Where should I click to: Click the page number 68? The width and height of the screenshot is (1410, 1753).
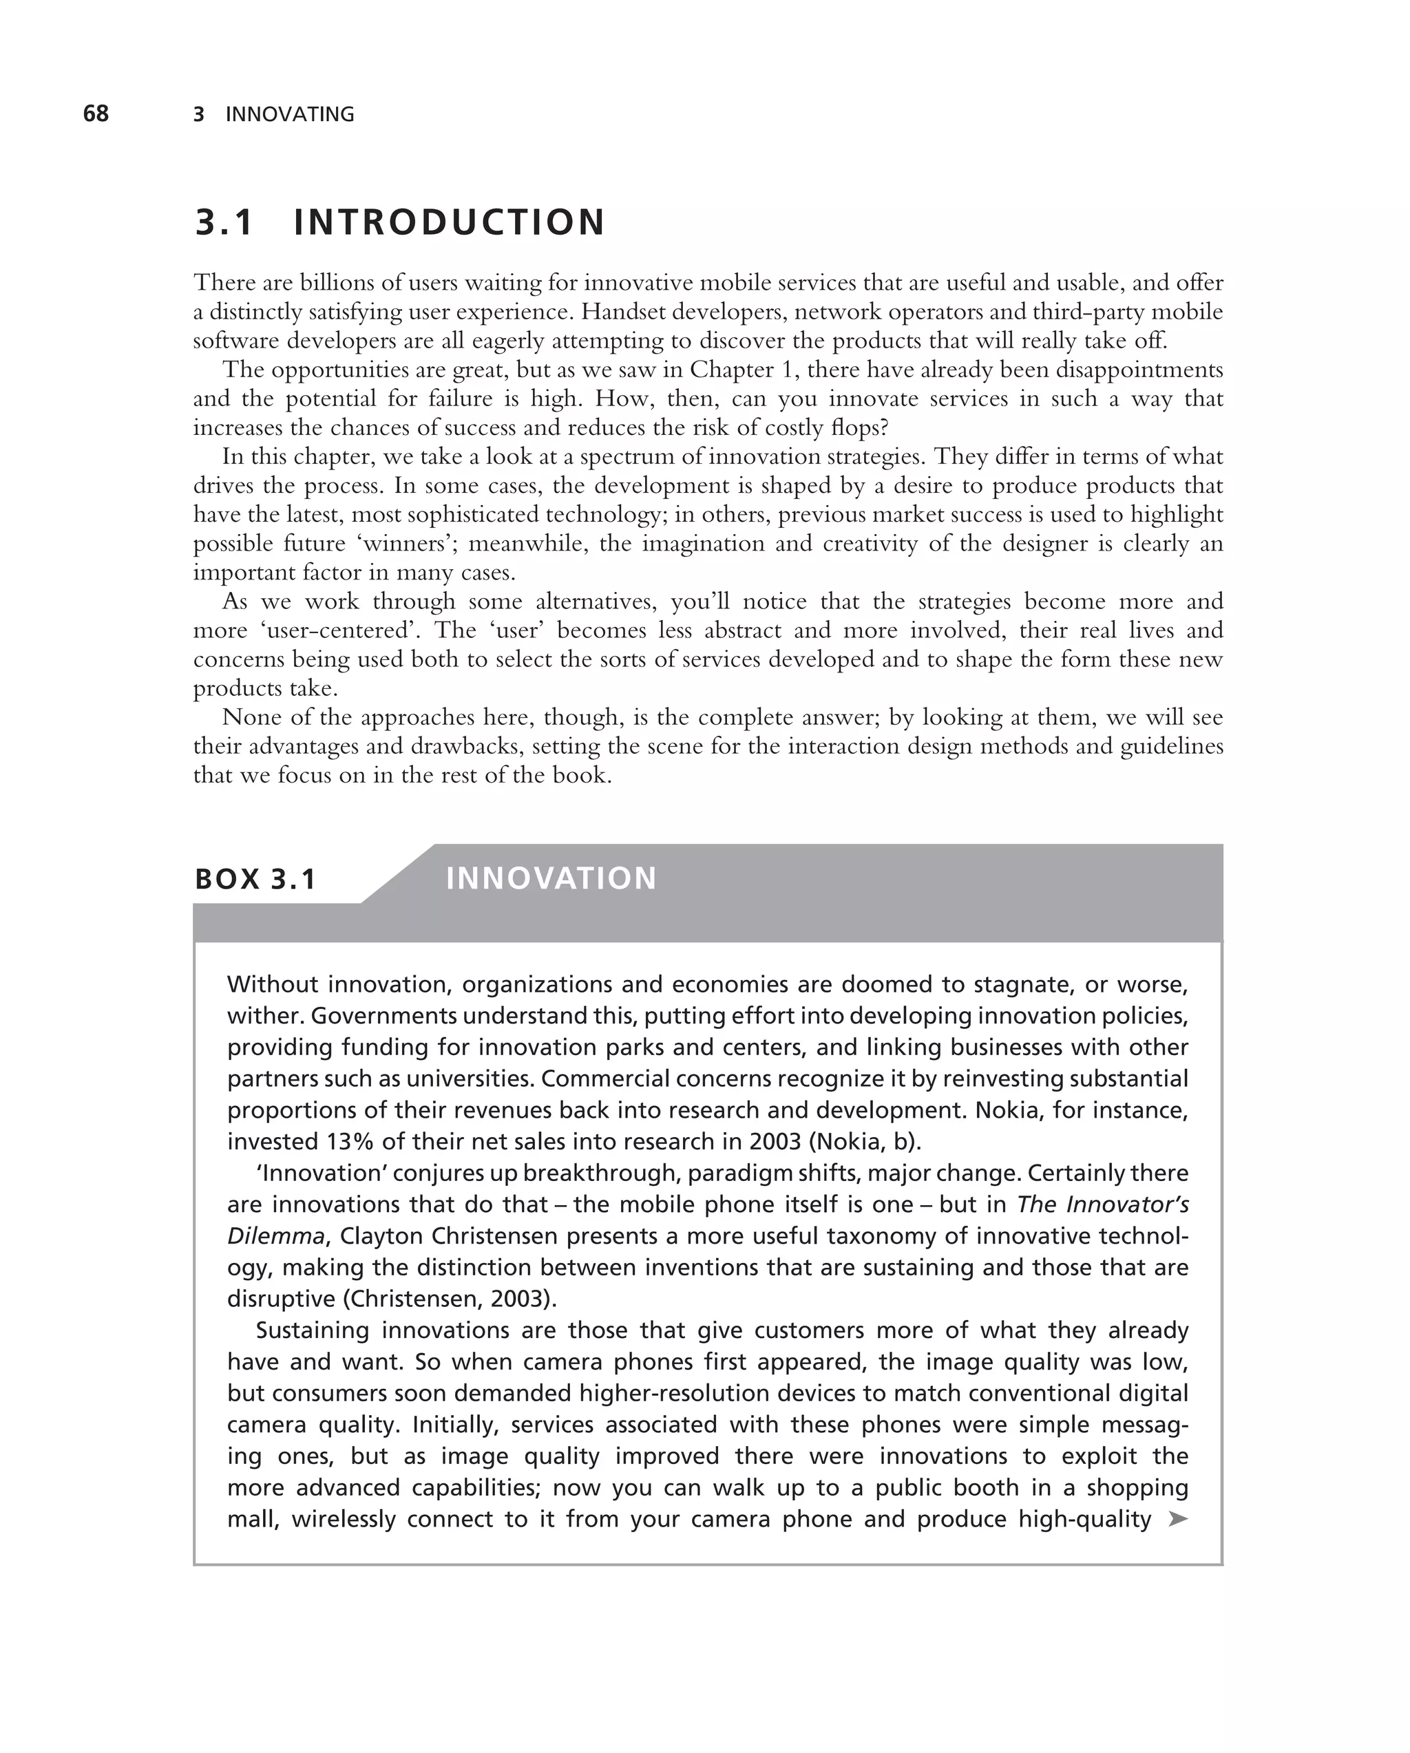click(96, 114)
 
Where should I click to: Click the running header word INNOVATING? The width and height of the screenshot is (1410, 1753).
click(289, 115)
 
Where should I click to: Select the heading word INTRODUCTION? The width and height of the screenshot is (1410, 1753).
click(449, 223)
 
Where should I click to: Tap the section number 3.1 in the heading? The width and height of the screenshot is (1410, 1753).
click(224, 223)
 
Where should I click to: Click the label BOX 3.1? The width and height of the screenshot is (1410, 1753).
click(255, 879)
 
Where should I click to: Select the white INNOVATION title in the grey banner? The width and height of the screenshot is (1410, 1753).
click(551, 878)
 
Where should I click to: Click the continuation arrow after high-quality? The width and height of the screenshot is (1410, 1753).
click(1177, 1518)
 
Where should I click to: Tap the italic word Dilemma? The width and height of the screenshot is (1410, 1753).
click(275, 1236)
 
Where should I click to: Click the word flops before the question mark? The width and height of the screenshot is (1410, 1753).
click(859, 427)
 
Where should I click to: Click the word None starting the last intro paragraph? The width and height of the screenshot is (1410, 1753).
click(249, 717)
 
